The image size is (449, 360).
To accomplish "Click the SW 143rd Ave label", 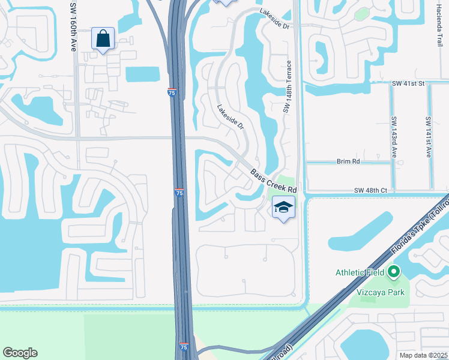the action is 394,136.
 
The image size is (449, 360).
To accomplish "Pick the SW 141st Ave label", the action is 429,136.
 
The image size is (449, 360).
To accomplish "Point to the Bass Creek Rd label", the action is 274,182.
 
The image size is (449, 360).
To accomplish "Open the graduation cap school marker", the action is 283,208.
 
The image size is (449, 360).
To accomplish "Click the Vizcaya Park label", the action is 378,293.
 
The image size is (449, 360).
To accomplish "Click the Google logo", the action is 20,353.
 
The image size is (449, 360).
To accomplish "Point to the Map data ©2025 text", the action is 423,355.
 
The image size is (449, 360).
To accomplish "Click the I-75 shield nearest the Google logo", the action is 183,347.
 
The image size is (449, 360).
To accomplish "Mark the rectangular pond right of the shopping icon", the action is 143,74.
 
